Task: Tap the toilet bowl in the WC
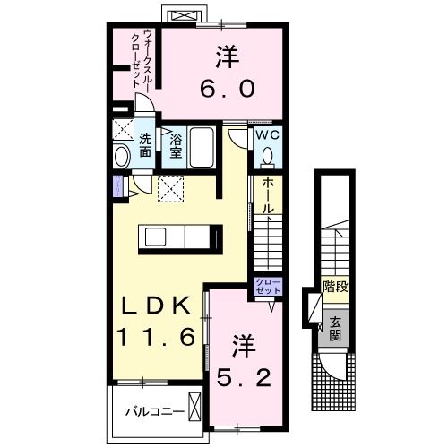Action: tap(267, 156)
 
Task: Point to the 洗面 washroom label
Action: tap(145, 146)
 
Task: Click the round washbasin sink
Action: tap(124, 157)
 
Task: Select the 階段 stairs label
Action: tap(334, 289)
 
